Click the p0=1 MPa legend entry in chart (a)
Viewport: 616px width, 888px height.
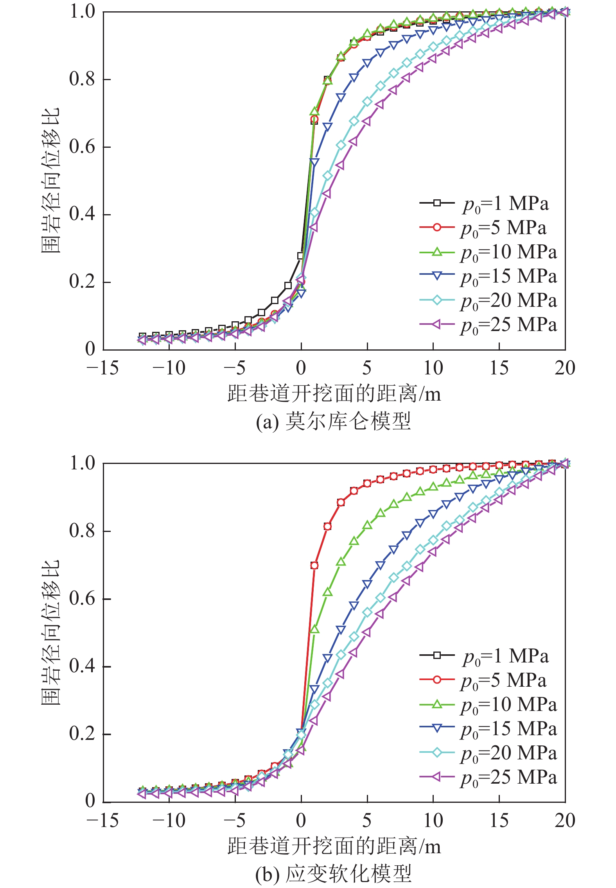coord(485,203)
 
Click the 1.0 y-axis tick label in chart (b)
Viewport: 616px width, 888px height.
coord(82,463)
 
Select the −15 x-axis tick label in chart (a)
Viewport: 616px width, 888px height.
coord(102,368)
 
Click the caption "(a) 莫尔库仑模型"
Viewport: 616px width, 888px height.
coord(333,421)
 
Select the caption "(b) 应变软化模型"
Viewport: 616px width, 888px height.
coord(333,874)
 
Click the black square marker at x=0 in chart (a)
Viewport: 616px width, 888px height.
coord(301,256)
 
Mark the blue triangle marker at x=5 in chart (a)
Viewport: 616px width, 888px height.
coord(367,63)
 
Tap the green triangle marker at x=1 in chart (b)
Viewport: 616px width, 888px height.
coord(314,630)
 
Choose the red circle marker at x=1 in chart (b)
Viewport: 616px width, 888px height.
coord(314,566)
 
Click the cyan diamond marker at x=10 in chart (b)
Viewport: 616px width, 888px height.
coord(433,541)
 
